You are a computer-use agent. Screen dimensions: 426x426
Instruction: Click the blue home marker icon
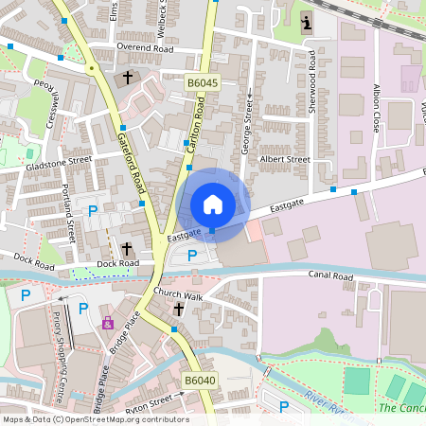213,204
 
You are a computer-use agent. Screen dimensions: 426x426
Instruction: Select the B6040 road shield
200,381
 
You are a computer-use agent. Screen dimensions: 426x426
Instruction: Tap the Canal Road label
330,276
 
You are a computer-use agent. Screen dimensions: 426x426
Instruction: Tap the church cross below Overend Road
128,77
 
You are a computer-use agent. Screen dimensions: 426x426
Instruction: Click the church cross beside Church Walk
178,310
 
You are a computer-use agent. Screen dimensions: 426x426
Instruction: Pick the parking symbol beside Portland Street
93,210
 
